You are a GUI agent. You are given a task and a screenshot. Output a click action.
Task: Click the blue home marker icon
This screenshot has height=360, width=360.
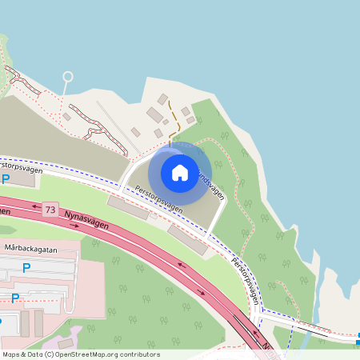click(180, 172)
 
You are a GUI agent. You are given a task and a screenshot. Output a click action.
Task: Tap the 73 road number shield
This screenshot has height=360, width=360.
click(51, 210)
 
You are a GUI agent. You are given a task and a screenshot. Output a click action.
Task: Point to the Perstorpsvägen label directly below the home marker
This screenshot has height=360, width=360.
click(158, 199)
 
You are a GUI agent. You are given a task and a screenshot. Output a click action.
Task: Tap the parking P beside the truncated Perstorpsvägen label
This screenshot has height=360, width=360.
click(6, 179)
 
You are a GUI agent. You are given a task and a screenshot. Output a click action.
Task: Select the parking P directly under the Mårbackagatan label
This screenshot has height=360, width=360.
click(26, 268)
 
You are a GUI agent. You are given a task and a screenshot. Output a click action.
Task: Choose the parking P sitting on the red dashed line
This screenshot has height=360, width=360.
click(15, 297)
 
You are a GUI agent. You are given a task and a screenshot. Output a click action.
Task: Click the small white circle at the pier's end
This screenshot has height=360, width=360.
click(67, 77)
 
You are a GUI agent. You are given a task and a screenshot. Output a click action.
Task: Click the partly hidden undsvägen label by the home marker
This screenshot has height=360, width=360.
click(210, 183)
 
